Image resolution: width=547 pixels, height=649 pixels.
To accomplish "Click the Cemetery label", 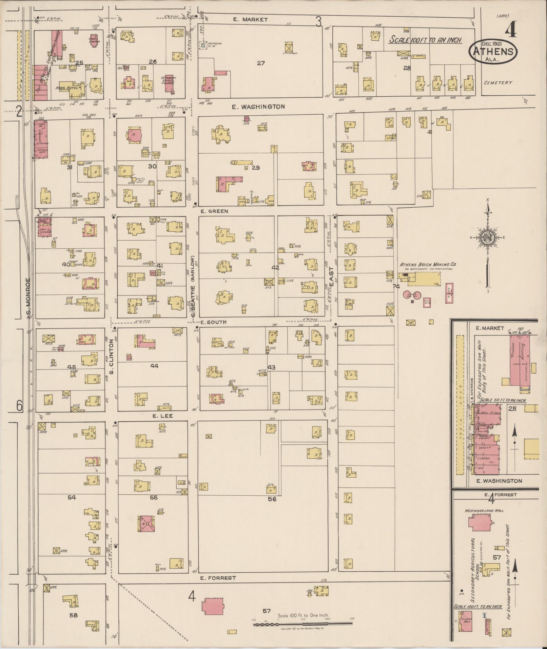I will (498, 82).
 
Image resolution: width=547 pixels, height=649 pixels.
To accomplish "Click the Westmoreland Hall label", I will (484, 511).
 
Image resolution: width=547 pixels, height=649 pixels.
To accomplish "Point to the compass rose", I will (487, 238).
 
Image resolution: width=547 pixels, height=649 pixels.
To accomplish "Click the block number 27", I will (260, 63).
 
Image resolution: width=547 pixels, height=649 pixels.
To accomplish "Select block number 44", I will (154, 366).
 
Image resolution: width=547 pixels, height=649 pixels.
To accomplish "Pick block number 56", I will (272, 499).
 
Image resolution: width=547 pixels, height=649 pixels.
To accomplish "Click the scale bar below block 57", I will (303, 623).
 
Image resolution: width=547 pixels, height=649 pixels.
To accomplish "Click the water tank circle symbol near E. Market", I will (203, 45).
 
